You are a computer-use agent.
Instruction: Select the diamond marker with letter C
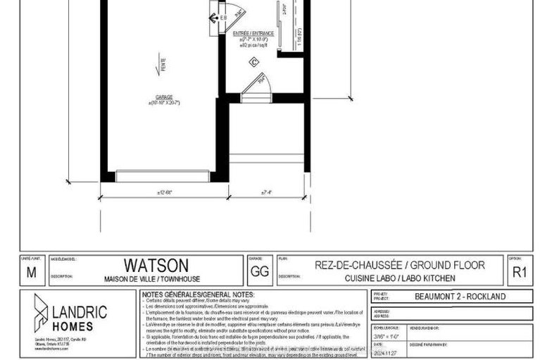point(253,62)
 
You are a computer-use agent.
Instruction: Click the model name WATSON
point(156,265)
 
